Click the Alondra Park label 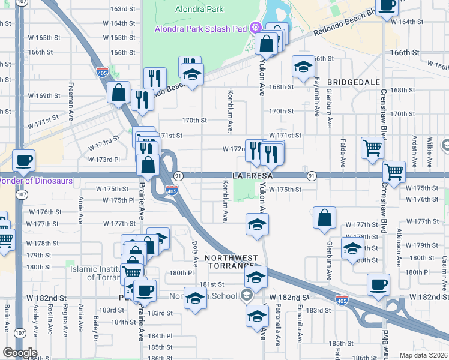click(x=199, y=9)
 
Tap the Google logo click(x=19, y=353)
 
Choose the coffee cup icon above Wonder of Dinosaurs click(x=23, y=161)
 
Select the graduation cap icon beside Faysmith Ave click(x=304, y=67)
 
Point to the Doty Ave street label click(x=195, y=254)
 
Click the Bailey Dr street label click(x=96, y=329)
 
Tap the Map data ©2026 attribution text click(x=424, y=355)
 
